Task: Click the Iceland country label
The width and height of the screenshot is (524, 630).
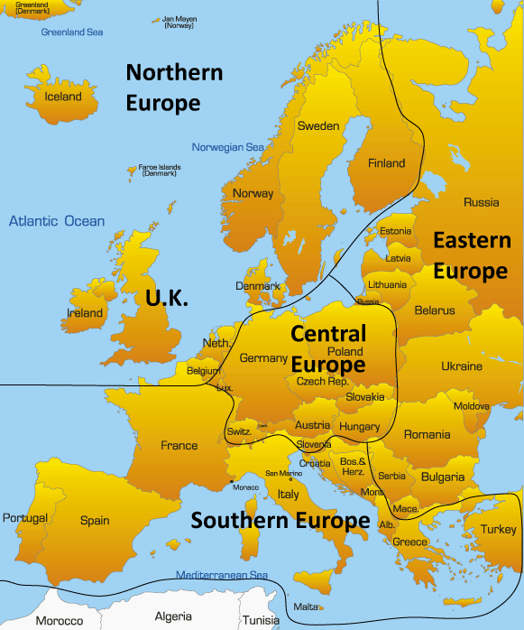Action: [63, 97]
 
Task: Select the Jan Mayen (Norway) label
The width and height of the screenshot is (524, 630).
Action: [178, 22]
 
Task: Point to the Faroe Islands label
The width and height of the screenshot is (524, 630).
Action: [160, 170]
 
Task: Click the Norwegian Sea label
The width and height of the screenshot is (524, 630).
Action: [228, 147]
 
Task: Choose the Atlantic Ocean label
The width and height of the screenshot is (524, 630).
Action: [57, 221]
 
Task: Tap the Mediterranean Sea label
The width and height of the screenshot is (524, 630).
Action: [222, 575]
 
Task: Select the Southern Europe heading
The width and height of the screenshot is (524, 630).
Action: [280, 521]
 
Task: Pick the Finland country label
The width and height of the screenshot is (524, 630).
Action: [387, 163]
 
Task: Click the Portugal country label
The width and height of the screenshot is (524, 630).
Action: [24, 518]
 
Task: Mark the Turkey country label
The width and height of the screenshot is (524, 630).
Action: [499, 530]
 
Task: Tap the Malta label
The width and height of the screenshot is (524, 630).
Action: [307, 607]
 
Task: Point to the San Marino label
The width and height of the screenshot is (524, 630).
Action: [283, 474]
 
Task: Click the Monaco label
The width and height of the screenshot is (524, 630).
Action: [245, 487]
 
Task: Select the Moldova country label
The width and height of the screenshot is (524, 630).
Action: [472, 406]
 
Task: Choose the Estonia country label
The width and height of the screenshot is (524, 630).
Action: [395, 231]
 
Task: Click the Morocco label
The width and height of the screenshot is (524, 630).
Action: [59, 621]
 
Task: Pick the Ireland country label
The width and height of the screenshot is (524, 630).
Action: [85, 313]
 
